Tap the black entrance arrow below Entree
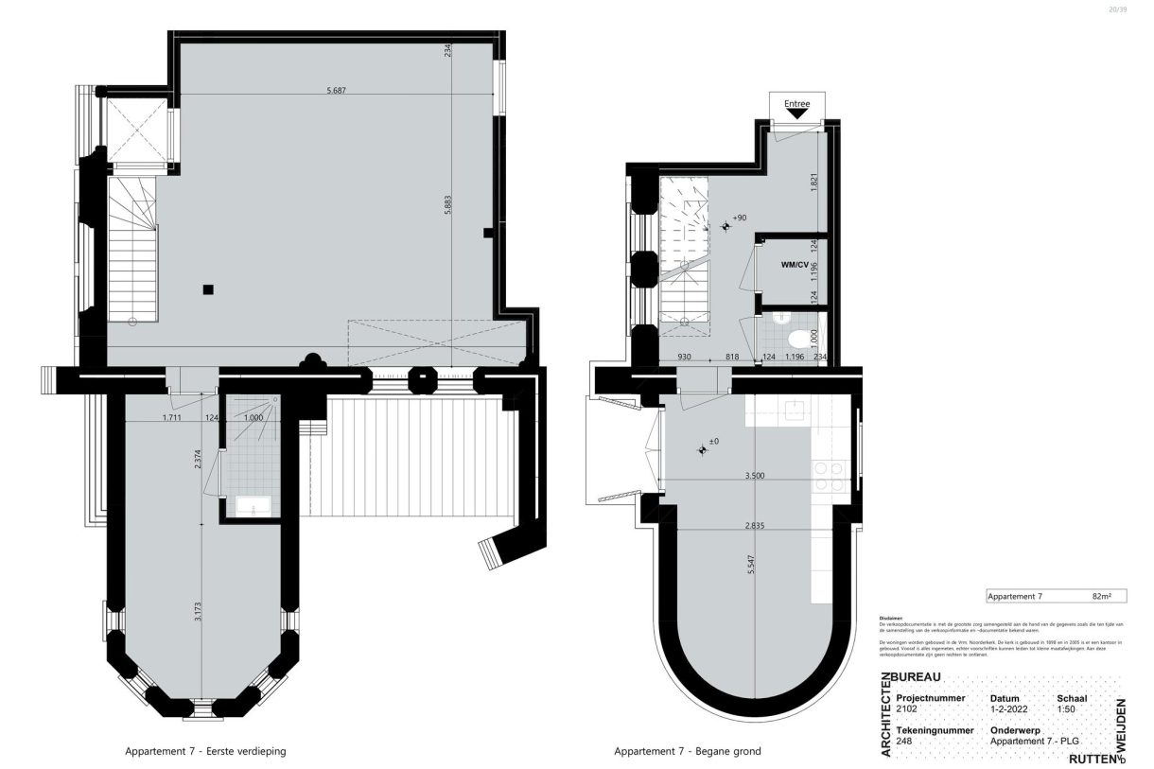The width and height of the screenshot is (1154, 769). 797,114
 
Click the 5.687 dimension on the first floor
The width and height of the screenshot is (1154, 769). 336,91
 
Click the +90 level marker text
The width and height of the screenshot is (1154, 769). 740,218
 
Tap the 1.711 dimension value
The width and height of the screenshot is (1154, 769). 171,417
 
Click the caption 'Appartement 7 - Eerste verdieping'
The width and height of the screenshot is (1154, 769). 205,752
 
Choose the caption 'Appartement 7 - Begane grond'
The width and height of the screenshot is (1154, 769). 687,752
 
